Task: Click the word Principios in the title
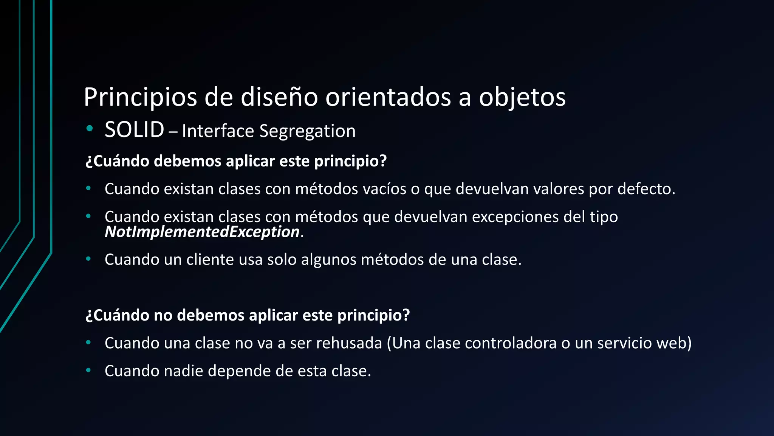(140, 97)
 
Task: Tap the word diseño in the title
(279, 97)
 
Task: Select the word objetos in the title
(522, 97)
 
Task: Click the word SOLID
(134, 130)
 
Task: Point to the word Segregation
(307, 131)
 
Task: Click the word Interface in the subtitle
(218, 131)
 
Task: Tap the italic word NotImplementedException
(202, 232)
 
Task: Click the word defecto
(646, 189)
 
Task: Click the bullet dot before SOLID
(90, 129)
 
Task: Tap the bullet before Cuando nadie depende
(88, 370)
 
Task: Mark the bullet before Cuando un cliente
(88, 259)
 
